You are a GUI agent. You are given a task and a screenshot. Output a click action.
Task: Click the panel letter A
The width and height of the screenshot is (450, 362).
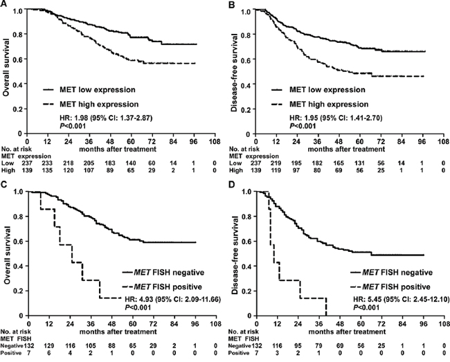[4, 4]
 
